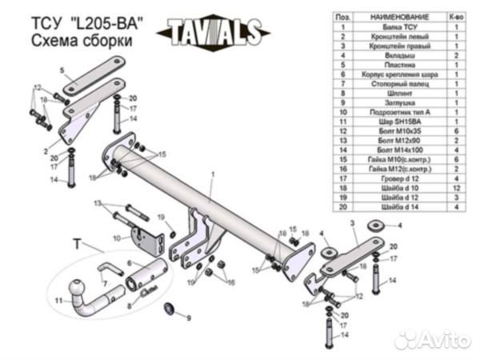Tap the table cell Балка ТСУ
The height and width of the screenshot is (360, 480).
(x=394, y=26)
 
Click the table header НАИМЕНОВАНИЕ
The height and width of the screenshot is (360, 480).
(x=394, y=17)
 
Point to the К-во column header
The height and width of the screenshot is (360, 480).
(x=457, y=17)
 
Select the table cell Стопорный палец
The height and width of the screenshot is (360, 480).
(x=394, y=82)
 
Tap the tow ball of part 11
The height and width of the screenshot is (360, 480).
(x=78, y=287)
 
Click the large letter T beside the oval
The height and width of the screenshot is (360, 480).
(x=77, y=242)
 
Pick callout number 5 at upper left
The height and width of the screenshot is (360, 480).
(x=61, y=71)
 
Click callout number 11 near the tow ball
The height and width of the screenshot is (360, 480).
(x=58, y=301)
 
